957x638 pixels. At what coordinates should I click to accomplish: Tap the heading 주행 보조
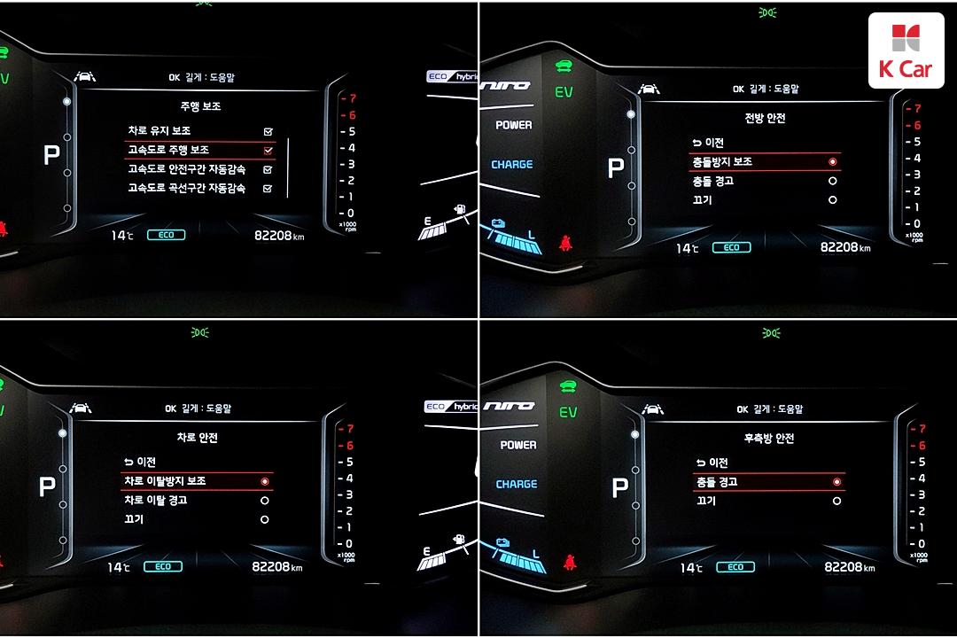point(200,105)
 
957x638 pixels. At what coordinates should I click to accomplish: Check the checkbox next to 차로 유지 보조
point(268,132)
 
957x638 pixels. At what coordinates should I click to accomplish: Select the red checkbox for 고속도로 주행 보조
point(268,151)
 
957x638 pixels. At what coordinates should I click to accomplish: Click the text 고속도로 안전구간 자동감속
point(187,169)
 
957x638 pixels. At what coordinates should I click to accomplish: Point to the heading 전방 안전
point(764,118)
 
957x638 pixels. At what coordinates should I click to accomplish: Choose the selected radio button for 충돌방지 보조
point(832,162)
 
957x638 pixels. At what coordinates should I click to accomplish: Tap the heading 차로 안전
point(197,437)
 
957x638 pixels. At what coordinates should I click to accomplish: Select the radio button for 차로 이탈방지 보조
point(264,481)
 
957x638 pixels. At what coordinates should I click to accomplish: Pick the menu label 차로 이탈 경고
point(156,501)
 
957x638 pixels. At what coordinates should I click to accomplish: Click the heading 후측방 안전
point(768,438)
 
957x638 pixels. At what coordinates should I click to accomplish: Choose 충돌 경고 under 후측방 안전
point(715,482)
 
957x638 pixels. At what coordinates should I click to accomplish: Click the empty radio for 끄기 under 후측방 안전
point(836,502)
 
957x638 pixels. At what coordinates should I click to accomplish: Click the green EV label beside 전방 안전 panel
point(564,92)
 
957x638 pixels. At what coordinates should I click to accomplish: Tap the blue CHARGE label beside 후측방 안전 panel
point(516,485)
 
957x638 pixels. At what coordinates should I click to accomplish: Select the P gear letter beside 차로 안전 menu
point(47,486)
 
